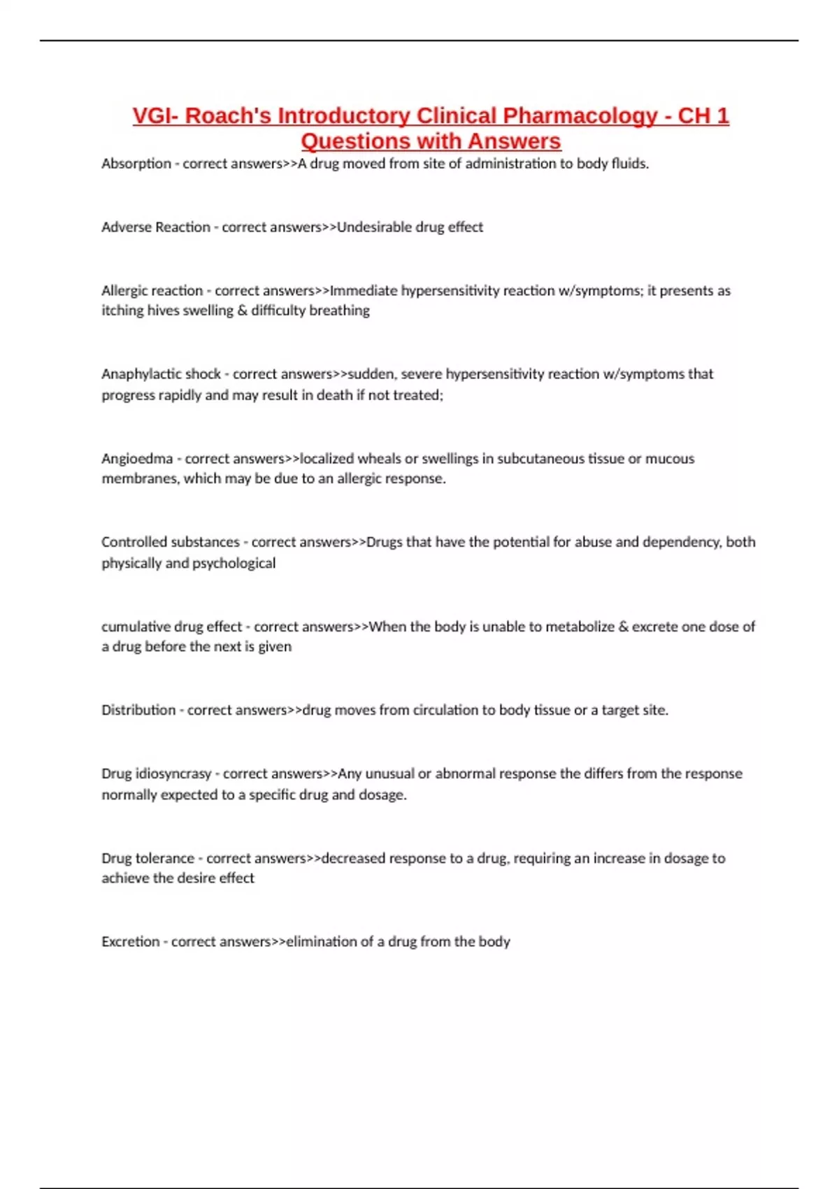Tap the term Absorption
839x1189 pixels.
[136, 164]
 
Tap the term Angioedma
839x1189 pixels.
[137, 459]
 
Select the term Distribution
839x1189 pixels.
[138, 711]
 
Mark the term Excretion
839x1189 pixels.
[131, 942]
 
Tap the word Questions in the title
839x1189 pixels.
[356, 141]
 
